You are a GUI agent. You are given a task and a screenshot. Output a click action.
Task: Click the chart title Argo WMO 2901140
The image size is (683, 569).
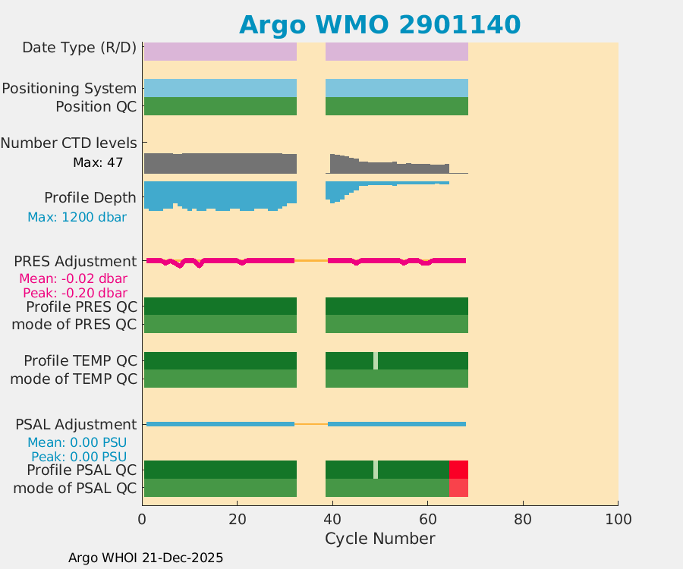point(379,24)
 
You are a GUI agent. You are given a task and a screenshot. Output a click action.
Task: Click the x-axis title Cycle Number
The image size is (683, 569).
point(379,539)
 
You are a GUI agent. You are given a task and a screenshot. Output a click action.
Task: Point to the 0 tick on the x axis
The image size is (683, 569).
point(143,519)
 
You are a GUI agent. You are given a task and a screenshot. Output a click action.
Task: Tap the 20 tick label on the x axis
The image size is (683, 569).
point(238,519)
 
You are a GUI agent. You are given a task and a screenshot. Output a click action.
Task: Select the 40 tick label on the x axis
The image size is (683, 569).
point(332,519)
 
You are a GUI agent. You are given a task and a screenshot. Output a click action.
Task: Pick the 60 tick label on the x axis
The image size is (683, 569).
point(427,519)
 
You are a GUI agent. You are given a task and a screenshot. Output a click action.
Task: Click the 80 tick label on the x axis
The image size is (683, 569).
point(522,519)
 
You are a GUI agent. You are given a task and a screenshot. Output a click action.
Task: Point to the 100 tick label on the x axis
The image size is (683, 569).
point(617,519)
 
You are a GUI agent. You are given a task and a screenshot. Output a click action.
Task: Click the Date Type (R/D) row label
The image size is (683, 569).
point(80,48)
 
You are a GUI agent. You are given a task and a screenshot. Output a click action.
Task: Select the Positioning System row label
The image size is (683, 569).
point(69,89)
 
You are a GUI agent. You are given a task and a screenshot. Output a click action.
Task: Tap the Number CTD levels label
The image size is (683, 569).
point(68,143)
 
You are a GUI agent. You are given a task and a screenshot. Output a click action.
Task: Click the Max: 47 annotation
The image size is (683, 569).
point(98,162)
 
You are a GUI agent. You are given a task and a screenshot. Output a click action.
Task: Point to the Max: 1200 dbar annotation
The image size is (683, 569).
point(77,217)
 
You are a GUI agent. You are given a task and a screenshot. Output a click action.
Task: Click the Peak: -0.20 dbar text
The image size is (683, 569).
point(74,293)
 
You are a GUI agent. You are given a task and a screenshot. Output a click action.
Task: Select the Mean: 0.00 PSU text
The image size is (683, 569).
point(77,442)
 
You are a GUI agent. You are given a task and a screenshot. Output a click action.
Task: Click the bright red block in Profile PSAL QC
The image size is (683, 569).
point(458,469)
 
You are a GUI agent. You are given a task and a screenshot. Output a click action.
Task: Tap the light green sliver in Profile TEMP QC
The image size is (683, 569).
point(375,360)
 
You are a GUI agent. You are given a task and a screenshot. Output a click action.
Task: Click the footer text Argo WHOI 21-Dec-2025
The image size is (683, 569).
point(146,558)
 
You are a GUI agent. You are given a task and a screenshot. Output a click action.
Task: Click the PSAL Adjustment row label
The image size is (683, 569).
point(77,424)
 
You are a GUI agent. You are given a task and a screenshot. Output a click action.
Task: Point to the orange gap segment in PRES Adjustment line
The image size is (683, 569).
point(311,260)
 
